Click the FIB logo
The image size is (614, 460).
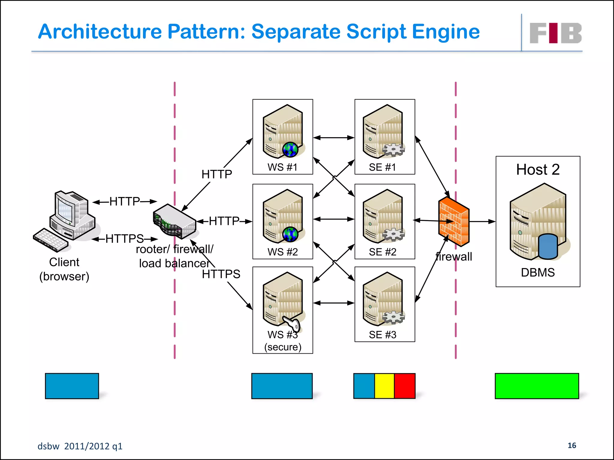(555, 33)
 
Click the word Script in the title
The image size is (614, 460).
(376, 32)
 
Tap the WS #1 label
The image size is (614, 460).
(282, 167)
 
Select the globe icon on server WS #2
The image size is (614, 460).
(290, 234)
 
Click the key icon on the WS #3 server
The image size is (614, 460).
(292, 324)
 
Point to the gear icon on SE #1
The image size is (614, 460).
(393, 150)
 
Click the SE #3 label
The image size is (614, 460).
(383, 335)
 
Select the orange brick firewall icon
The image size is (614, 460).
(454, 222)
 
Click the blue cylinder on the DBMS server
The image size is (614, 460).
(548, 246)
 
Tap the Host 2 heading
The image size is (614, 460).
(538, 170)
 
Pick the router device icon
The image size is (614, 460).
(174, 222)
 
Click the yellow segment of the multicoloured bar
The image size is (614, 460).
(384, 386)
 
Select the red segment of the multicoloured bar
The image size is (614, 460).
(405, 386)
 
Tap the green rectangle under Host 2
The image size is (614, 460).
(537, 386)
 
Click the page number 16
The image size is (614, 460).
(572, 445)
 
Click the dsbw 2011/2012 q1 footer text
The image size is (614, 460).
(80, 446)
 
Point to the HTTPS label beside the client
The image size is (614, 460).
(124, 239)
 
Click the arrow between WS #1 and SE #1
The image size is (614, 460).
(334, 138)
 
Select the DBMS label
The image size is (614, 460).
(538, 273)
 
